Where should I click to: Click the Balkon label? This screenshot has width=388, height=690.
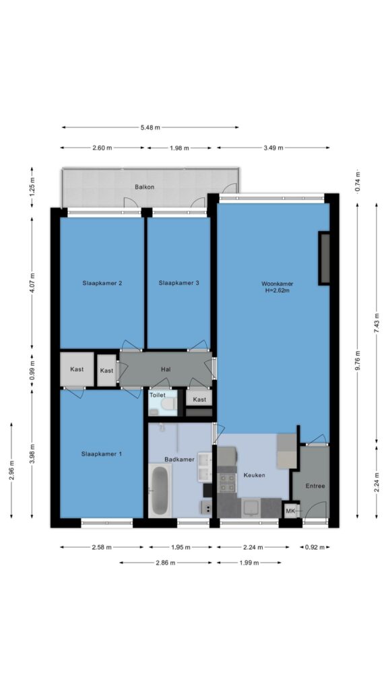(144, 187)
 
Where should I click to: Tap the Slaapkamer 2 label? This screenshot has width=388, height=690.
(102, 283)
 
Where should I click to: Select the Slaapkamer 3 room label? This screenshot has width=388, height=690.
(179, 283)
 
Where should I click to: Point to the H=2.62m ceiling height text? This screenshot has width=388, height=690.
(277, 290)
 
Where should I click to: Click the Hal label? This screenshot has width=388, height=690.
(166, 370)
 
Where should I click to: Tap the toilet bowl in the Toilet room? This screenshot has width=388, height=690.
(168, 404)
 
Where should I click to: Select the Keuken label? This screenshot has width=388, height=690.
(254, 475)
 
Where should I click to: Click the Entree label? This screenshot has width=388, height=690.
(315, 486)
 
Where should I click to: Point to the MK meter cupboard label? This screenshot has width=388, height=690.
(290, 511)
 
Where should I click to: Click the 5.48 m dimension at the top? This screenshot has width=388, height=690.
(150, 127)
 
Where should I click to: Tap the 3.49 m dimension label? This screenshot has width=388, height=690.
(273, 148)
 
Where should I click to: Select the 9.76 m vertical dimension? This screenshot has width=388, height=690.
(357, 360)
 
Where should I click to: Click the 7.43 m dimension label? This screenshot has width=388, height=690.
(377, 323)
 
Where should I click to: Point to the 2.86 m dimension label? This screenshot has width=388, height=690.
(166, 563)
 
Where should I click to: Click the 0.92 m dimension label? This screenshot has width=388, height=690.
(315, 547)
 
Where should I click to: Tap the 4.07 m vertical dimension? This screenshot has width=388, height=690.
(32, 283)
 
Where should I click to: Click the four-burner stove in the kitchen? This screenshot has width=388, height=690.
(228, 482)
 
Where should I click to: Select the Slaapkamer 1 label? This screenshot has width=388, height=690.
(102, 453)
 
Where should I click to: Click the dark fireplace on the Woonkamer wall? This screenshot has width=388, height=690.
(324, 258)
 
